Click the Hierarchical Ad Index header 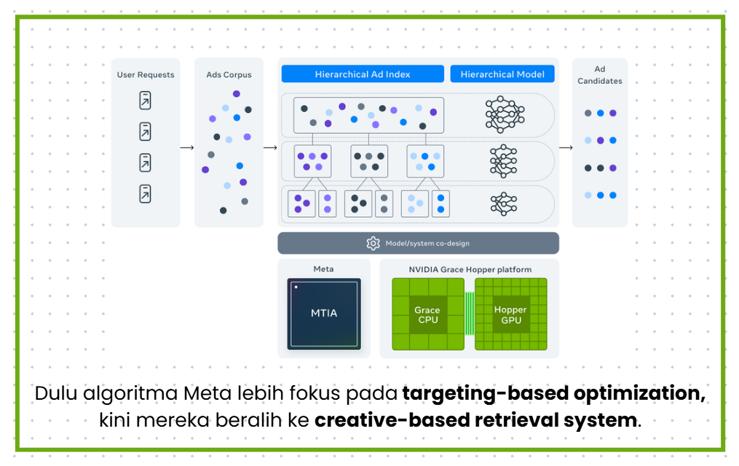[363, 74]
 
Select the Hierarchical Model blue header [502, 74]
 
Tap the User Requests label [146, 74]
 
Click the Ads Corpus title [229, 74]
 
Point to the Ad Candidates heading [600, 76]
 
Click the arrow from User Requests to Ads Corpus [187, 148]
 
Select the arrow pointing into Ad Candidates [566, 148]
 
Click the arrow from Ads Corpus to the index [270, 148]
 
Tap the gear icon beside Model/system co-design [373, 243]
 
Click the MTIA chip [323, 313]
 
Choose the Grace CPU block [427, 315]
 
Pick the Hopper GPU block [510, 315]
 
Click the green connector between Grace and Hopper [470, 313]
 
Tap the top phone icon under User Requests [146, 100]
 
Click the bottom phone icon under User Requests [146, 194]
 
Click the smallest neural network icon [503, 204]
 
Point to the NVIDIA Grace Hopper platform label [470, 269]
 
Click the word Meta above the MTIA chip [323, 269]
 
